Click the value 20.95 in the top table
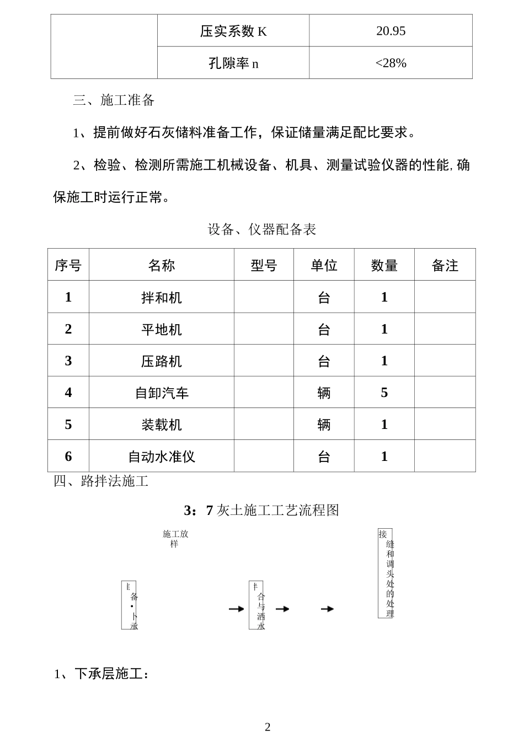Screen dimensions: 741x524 tap(391, 31)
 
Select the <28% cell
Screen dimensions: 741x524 tap(391, 63)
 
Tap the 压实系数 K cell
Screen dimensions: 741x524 tap(233, 31)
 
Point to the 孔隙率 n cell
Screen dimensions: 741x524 tap(233, 63)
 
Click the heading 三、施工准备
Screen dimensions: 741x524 tap(114, 100)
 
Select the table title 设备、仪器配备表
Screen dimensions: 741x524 tap(261, 229)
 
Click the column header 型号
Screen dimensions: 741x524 tap(264, 266)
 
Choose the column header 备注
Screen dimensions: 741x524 tap(445, 266)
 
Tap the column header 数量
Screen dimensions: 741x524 tap(384, 266)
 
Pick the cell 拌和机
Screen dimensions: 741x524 tap(161, 298)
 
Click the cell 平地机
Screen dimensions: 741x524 tap(161, 330)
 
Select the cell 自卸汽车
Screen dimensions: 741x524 tap(161, 393)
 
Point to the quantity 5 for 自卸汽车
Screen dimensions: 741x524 tap(384, 393)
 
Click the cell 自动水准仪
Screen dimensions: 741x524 tap(161, 457)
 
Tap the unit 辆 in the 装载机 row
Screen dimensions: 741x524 tap(324, 425)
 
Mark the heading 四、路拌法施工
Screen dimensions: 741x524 tap(101, 481)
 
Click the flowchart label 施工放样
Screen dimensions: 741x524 tap(175, 539)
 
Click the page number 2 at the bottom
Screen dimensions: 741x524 tap(268, 727)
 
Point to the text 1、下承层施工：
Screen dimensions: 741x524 tap(102, 674)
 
